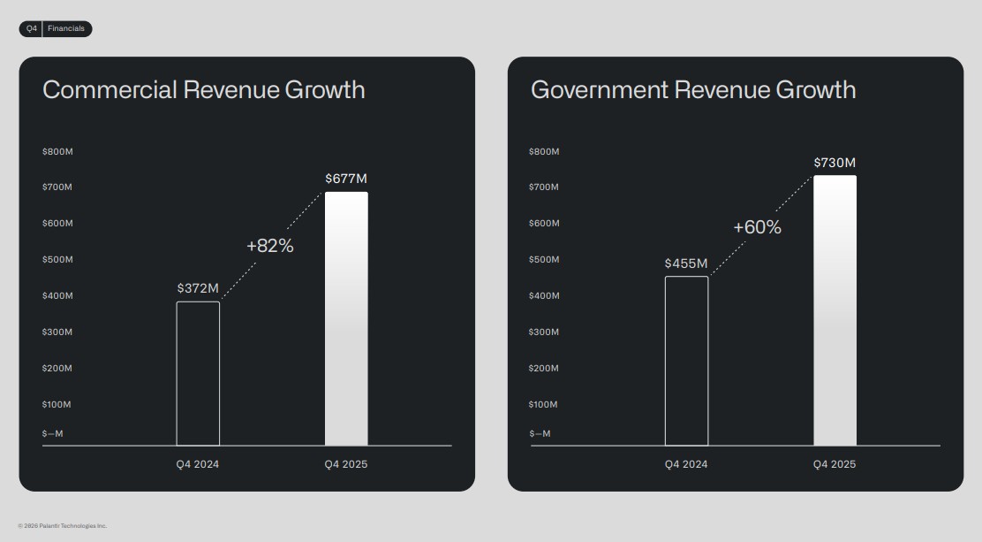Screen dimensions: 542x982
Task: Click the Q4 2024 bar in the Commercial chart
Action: pyautogui.click(x=198, y=373)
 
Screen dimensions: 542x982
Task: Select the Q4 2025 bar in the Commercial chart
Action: pyautogui.click(x=346, y=318)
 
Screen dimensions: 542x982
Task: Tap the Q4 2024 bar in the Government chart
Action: pyautogui.click(x=686, y=361)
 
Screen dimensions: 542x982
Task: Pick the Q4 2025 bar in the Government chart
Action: pyautogui.click(x=835, y=310)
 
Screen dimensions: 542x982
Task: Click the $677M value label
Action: pyautogui.click(x=346, y=179)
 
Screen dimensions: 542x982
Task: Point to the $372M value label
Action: pyautogui.click(x=198, y=288)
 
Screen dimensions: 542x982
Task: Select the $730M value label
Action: pyautogui.click(x=835, y=163)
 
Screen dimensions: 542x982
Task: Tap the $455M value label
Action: pyautogui.click(x=686, y=263)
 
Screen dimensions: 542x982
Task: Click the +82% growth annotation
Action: pyautogui.click(x=270, y=246)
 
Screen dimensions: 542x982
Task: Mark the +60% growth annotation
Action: pyautogui.click(x=758, y=227)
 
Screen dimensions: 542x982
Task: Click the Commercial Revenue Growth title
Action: pyautogui.click(x=204, y=89)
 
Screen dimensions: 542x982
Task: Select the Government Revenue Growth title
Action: pyautogui.click(x=693, y=89)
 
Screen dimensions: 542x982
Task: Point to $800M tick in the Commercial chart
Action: pyautogui.click(x=57, y=152)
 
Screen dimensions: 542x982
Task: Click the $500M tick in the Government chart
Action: pyautogui.click(x=544, y=260)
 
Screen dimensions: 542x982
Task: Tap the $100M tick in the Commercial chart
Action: pyautogui.click(x=57, y=405)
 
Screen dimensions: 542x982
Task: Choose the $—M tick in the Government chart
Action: pyautogui.click(x=540, y=434)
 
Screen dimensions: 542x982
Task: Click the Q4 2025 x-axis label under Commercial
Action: pyautogui.click(x=346, y=465)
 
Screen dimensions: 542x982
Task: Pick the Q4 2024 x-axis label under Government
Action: pyautogui.click(x=686, y=465)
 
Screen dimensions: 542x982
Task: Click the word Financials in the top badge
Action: pyautogui.click(x=67, y=29)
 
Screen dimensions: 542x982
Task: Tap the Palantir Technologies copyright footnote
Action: pyautogui.click(x=63, y=526)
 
